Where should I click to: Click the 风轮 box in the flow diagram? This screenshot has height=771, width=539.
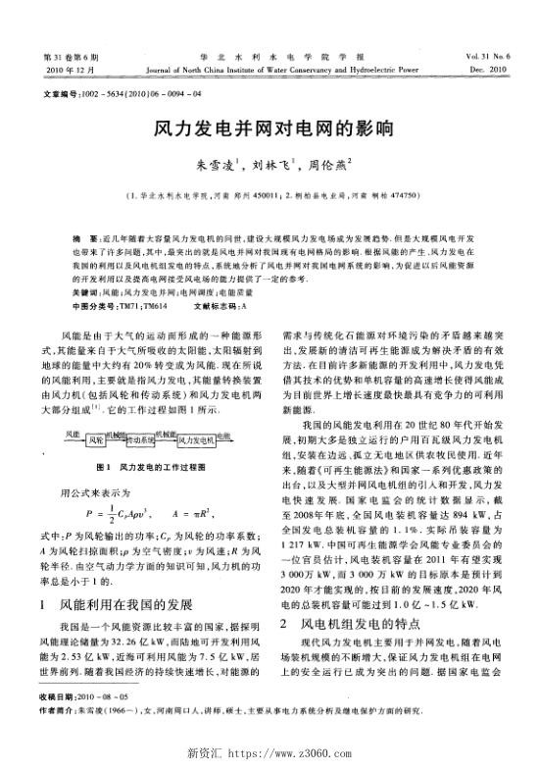pos(95,359)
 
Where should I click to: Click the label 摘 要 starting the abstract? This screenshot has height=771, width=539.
pos(72,239)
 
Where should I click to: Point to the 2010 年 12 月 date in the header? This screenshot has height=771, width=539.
pos(67,71)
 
